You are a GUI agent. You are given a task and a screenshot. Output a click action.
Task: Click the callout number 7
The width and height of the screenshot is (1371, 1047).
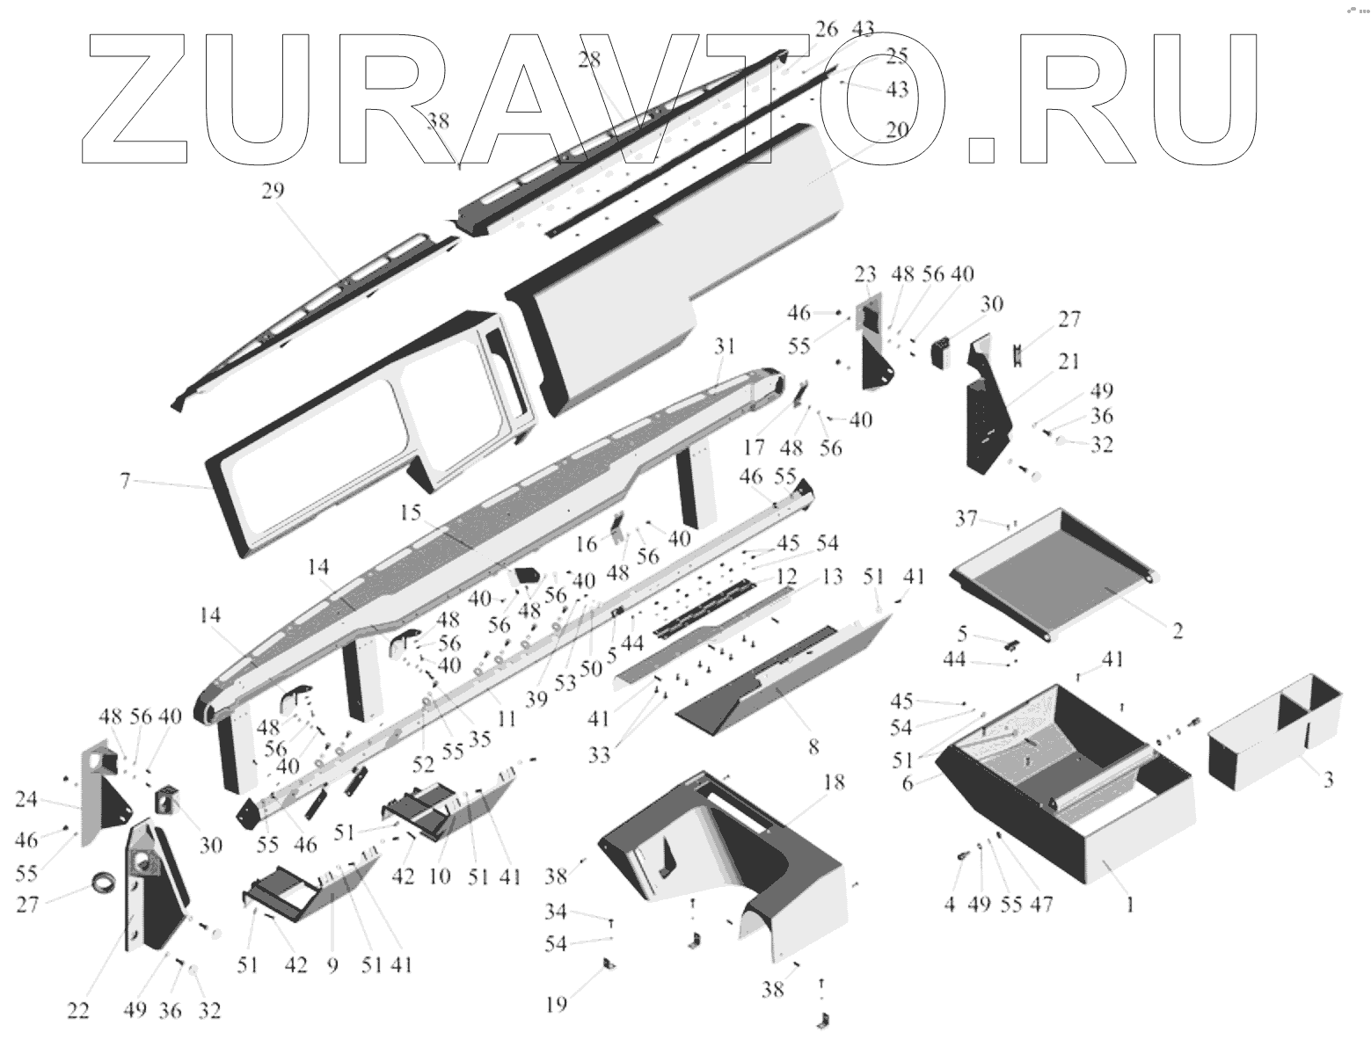point(125,481)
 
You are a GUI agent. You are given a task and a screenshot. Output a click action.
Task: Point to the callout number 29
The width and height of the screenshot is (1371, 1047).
point(273,191)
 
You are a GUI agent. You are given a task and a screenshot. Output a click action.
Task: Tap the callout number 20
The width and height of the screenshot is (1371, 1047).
point(896,130)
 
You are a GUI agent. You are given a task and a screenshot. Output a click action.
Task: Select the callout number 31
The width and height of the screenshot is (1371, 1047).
point(724,346)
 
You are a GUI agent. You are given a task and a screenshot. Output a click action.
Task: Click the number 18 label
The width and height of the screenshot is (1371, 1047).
point(834,782)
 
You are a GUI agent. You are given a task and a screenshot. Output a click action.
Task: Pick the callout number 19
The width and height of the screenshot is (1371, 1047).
point(556,1003)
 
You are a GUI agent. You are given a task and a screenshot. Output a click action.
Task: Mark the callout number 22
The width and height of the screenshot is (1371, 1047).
point(78,1012)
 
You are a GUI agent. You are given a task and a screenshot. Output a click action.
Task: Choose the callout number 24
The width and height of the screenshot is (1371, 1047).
point(26,799)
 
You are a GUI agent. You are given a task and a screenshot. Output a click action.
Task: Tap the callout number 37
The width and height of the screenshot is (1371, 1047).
point(966,520)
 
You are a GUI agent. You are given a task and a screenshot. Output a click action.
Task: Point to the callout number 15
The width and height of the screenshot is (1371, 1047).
point(411,511)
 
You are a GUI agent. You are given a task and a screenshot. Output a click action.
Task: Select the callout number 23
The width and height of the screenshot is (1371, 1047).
point(866,273)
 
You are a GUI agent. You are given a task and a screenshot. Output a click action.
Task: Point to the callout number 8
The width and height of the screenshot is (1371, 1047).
point(813,747)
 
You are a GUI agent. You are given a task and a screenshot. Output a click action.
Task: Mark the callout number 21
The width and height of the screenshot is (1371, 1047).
point(1069,360)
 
